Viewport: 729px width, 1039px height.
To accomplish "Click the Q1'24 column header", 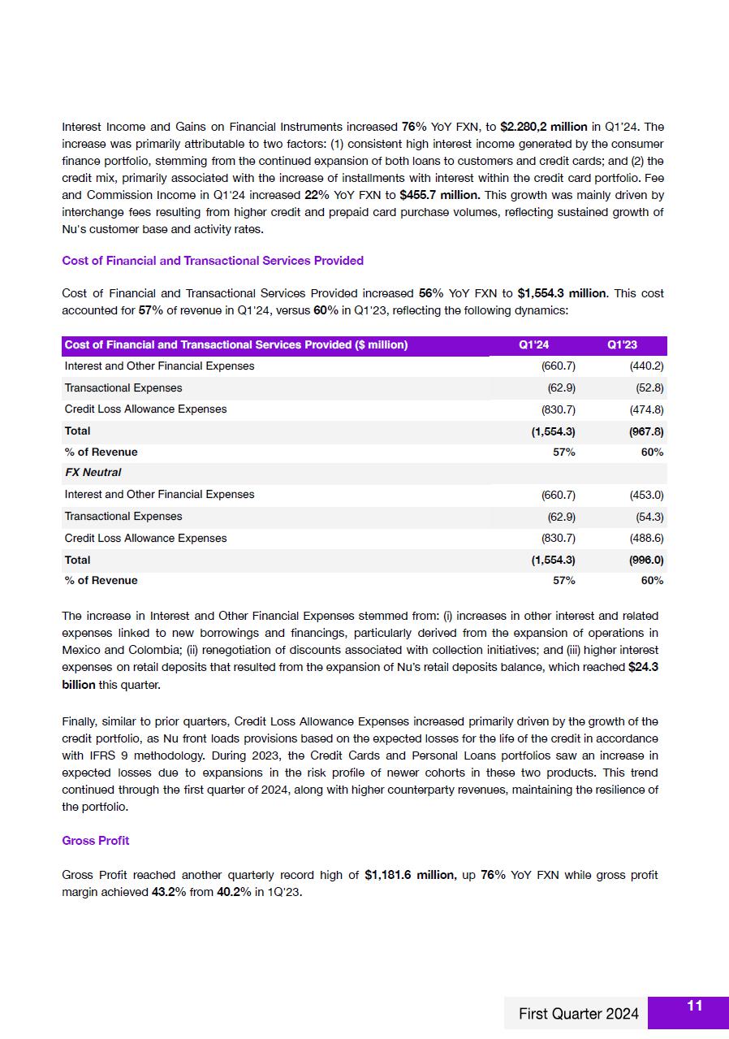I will point(533,345).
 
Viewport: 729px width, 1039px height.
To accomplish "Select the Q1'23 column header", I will point(622,345).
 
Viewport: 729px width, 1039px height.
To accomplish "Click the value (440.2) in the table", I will point(646,366).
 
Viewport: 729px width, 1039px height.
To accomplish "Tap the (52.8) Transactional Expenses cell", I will point(649,388).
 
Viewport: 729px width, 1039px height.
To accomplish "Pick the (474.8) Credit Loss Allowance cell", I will point(646,409).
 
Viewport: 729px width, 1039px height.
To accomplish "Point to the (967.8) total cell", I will point(646,431).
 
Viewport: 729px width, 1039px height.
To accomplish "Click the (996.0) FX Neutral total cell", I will point(646,560).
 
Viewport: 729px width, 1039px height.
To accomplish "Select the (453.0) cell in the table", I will point(646,495).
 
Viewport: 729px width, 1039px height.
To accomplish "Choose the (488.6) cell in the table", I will point(646,538).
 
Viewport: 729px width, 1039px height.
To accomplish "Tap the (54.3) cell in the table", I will point(649,517).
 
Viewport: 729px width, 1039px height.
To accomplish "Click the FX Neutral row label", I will point(93,473).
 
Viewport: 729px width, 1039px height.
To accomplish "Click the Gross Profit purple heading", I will point(95,840).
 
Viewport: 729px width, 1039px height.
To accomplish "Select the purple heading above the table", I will point(212,261).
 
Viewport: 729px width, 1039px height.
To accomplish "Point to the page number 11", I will point(694,1007).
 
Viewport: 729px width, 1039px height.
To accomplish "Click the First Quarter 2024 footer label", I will point(578,1014).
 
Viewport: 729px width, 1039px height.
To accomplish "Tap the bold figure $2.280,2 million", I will point(543,127).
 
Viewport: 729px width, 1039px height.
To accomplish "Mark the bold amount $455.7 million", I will point(439,195).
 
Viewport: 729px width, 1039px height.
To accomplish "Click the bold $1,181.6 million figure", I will point(410,875).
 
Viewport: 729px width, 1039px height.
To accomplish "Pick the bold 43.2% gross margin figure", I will point(168,892).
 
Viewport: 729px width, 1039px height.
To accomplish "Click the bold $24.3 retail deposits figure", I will point(643,667).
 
